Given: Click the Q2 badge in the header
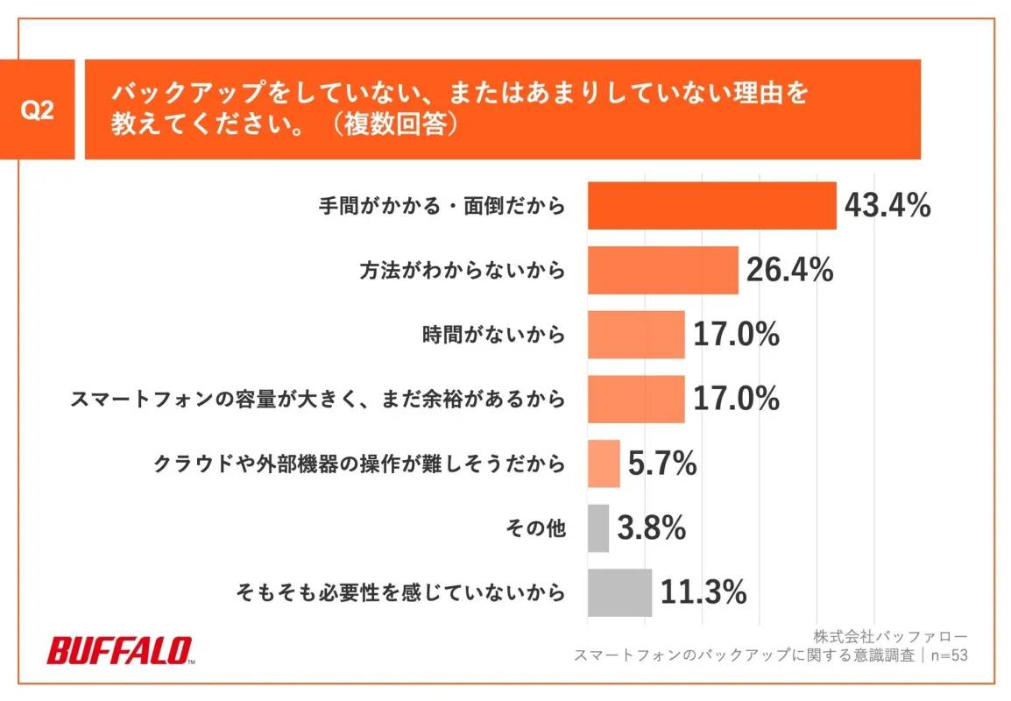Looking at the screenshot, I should click(37, 111).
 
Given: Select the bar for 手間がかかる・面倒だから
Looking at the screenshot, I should click(711, 206).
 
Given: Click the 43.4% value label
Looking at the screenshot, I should click(887, 206).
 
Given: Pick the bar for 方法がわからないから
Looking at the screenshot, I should click(662, 271).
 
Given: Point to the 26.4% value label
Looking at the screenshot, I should click(789, 271).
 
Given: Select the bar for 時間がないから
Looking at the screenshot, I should click(635, 335).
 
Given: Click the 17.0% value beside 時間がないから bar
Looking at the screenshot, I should click(736, 335).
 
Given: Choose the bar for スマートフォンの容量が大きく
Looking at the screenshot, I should click(635, 400).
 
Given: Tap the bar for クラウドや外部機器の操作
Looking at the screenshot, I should click(604, 464).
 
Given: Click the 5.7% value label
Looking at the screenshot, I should click(662, 464).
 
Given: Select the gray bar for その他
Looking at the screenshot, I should click(597, 528).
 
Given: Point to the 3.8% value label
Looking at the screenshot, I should click(651, 528).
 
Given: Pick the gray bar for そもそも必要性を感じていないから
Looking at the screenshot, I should click(619, 592).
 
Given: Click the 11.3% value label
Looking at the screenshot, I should click(703, 592).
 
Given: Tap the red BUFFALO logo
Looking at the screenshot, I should click(120, 651).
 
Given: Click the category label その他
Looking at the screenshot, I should click(536, 528).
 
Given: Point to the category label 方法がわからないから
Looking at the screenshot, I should click(463, 271).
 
